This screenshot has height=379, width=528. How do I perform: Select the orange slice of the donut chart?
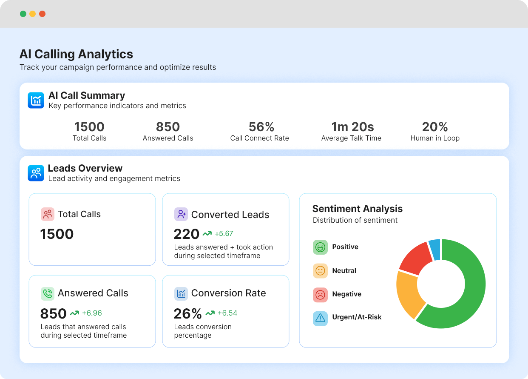coord(409,294)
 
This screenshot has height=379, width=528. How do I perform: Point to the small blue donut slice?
coord(435,249)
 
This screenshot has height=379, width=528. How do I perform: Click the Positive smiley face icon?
coord(320,247)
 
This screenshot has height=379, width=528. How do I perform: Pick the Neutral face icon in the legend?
coord(320,271)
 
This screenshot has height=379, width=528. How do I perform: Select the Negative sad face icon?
coord(320,294)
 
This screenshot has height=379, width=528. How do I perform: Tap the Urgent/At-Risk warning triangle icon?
coord(320,318)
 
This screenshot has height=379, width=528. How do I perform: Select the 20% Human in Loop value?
coord(435,127)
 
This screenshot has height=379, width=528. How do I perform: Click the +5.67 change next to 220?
coord(224,234)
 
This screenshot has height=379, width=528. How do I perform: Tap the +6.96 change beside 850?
coord(91,313)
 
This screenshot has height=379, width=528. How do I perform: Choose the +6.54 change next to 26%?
coord(227,313)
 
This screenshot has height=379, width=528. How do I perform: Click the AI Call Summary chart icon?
coord(36,100)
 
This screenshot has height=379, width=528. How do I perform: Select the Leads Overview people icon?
coord(36,173)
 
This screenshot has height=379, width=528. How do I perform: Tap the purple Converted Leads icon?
coord(181,214)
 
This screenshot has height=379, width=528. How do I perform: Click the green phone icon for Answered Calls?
coord(48,293)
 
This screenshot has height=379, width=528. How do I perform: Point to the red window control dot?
coord(42,14)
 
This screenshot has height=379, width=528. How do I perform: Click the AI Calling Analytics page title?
coord(76,55)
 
